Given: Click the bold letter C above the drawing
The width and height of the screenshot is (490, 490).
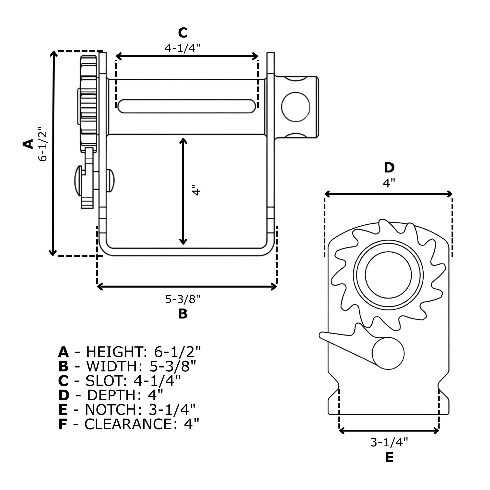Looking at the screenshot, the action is tap(183, 33).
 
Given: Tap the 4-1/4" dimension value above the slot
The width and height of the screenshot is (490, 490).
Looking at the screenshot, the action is tap(183, 48).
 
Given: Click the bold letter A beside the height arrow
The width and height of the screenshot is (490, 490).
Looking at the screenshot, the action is tap(28, 144).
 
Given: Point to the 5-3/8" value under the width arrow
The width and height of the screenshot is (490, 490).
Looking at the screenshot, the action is tap(183, 299).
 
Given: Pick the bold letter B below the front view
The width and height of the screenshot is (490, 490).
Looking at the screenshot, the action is tap(183, 314).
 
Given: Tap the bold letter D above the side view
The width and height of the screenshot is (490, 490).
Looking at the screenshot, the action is tap(389, 168).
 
